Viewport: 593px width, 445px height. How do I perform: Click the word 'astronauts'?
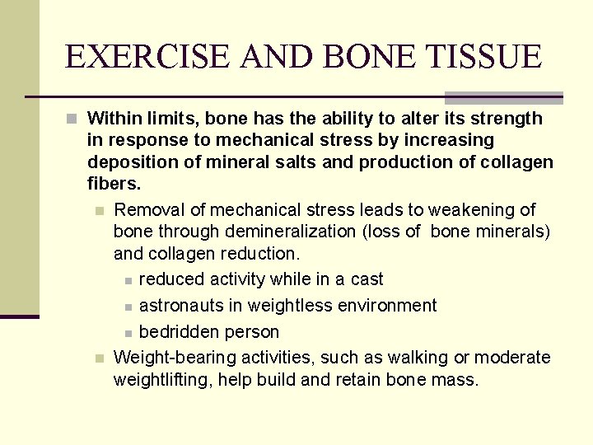[180, 306]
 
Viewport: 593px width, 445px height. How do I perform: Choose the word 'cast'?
[367, 279]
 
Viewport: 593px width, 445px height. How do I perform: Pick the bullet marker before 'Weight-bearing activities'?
[99, 358]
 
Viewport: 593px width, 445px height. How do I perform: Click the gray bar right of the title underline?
[503, 97]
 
